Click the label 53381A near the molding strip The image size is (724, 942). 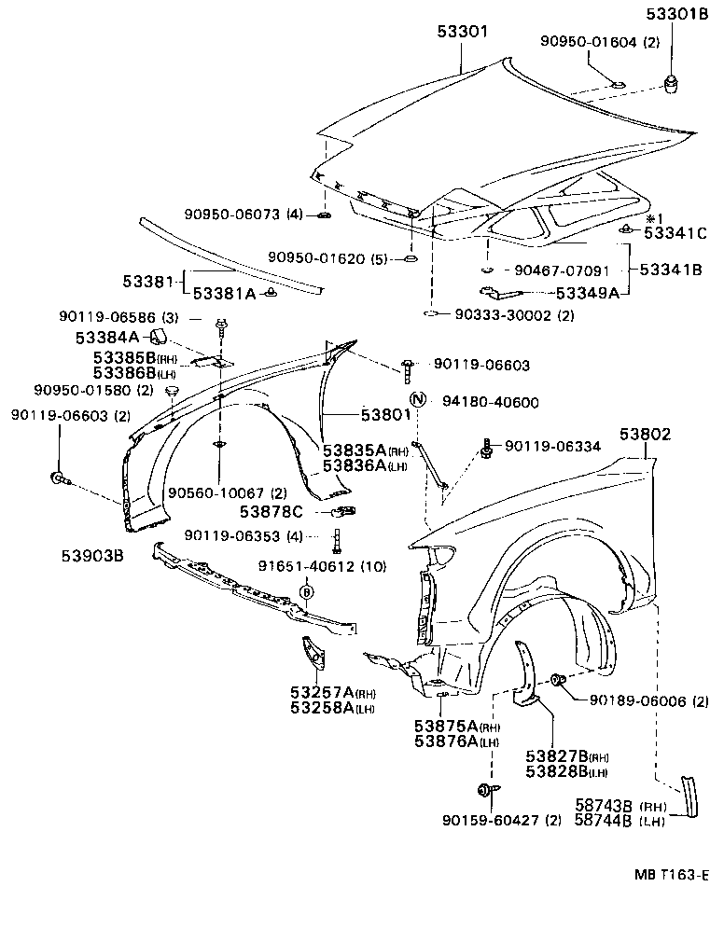(224, 293)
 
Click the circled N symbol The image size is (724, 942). (419, 400)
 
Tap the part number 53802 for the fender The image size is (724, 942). (645, 434)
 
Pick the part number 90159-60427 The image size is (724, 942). (489, 820)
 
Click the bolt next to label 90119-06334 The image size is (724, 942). (486, 450)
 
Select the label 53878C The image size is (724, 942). (271, 511)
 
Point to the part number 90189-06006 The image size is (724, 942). (635, 701)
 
